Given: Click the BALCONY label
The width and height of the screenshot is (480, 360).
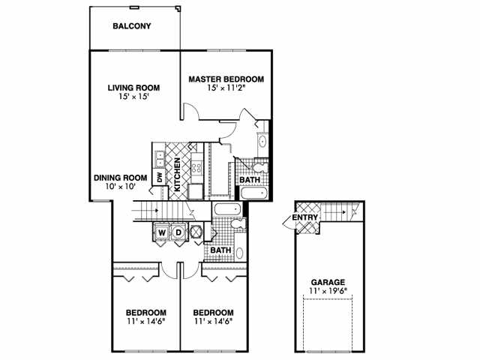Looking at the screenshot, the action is (132, 26).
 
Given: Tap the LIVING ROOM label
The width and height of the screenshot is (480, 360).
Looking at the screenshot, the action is (133, 87).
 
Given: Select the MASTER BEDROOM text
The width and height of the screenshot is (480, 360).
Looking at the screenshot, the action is (226, 79).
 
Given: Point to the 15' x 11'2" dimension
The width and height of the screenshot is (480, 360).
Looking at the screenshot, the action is (226, 88).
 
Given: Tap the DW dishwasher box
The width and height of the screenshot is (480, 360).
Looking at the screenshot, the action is (159, 177).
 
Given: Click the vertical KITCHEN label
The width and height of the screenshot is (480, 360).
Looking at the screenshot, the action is (177, 176).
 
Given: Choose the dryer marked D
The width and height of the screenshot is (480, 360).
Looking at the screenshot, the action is (179, 232).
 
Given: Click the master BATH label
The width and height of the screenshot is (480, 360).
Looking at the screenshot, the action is (249, 180).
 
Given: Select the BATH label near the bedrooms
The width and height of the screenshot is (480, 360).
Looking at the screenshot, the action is (220, 250).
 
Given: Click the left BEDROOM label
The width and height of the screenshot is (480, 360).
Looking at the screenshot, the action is (145, 313).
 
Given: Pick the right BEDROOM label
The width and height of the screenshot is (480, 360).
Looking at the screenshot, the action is (213, 313).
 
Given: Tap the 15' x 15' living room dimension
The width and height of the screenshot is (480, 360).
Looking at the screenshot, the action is (133, 96).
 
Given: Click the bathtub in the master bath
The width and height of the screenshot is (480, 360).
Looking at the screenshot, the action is (253, 193).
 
